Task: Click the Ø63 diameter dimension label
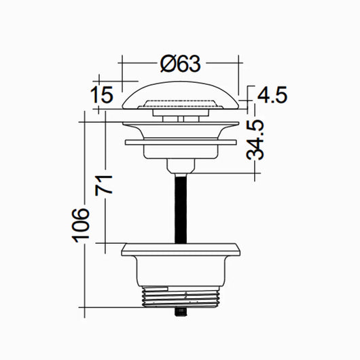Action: [181, 64]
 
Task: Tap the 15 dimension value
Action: [101, 96]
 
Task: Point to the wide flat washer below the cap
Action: [181, 143]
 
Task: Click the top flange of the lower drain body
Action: [181, 248]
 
